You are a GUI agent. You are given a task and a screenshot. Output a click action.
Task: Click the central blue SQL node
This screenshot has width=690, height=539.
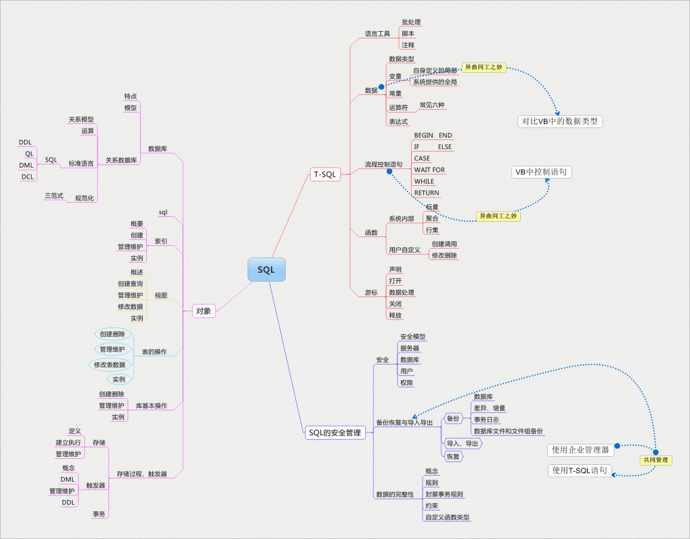[266, 269]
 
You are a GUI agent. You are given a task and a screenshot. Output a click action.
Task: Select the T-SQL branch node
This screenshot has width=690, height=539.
[325, 175]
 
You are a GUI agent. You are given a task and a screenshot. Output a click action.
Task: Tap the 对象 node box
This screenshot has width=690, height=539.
[203, 311]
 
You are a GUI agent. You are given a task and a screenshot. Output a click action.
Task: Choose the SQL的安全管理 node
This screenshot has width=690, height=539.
[334, 433]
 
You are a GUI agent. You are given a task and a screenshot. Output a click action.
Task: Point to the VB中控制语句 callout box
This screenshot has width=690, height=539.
[542, 172]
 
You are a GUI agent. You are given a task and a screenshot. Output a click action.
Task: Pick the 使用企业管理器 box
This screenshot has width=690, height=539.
[580, 449]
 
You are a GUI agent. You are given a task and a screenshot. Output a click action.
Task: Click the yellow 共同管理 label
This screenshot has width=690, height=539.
[656, 460]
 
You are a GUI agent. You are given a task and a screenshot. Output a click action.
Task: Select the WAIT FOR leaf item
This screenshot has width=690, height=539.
[429, 170]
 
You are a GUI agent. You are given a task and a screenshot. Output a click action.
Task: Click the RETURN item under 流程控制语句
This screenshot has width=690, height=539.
[427, 193]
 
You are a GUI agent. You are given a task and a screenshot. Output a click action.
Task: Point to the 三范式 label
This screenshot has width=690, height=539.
[54, 195]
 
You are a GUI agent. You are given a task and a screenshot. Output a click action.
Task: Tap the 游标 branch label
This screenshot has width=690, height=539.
[371, 292]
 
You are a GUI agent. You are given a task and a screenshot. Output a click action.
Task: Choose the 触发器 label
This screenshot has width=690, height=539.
[96, 485]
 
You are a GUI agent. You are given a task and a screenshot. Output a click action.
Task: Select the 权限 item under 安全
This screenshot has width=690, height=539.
[407, 382]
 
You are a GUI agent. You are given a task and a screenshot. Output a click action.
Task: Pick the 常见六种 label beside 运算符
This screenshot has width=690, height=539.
[432, 105]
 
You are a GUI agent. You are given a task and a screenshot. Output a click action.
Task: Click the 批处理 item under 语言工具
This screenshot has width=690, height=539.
[411, 22]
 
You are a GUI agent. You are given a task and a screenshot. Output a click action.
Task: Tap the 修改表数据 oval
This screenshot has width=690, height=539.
[110, 364]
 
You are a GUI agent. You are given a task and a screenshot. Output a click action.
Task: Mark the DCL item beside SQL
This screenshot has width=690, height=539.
[28, 177]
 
